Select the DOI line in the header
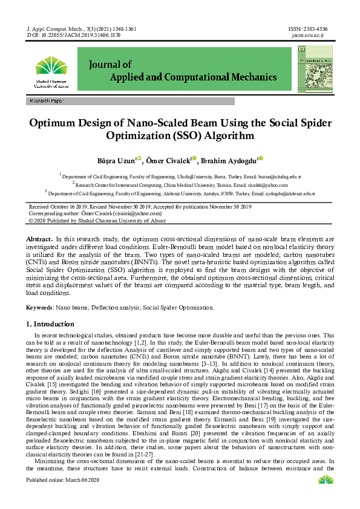(x=74, y=36)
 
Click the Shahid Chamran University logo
(x=51, y=72)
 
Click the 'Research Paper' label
(x=47, y=101)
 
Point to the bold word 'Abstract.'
(x=40, y=239)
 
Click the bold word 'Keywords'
(x=39, y=307)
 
